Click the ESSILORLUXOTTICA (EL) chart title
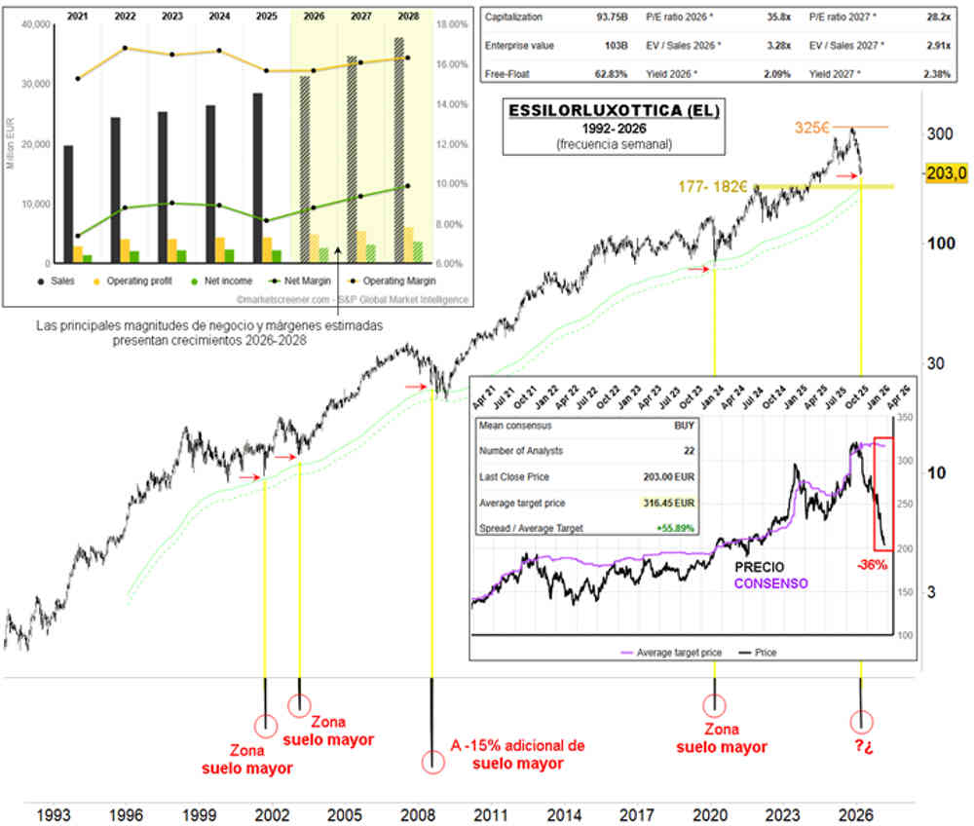click(614, 111)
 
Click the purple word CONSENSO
click(770, 582)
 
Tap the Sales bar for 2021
click(68, 204)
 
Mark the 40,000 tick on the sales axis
click(35, 23)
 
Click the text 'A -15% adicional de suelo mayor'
click(517, 754)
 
